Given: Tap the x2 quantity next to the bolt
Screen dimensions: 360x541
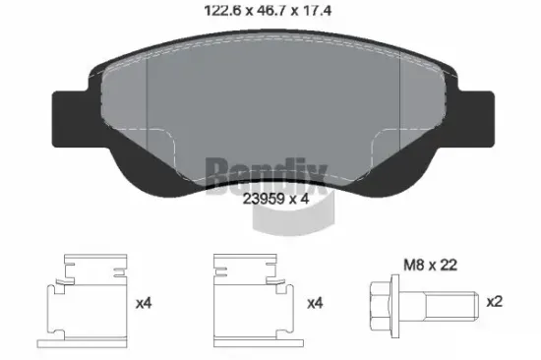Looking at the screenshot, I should click(495, 302).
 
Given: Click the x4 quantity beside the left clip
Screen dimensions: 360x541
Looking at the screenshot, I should click(143, 302).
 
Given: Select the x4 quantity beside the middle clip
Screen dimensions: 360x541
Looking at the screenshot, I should click(315, 302).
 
